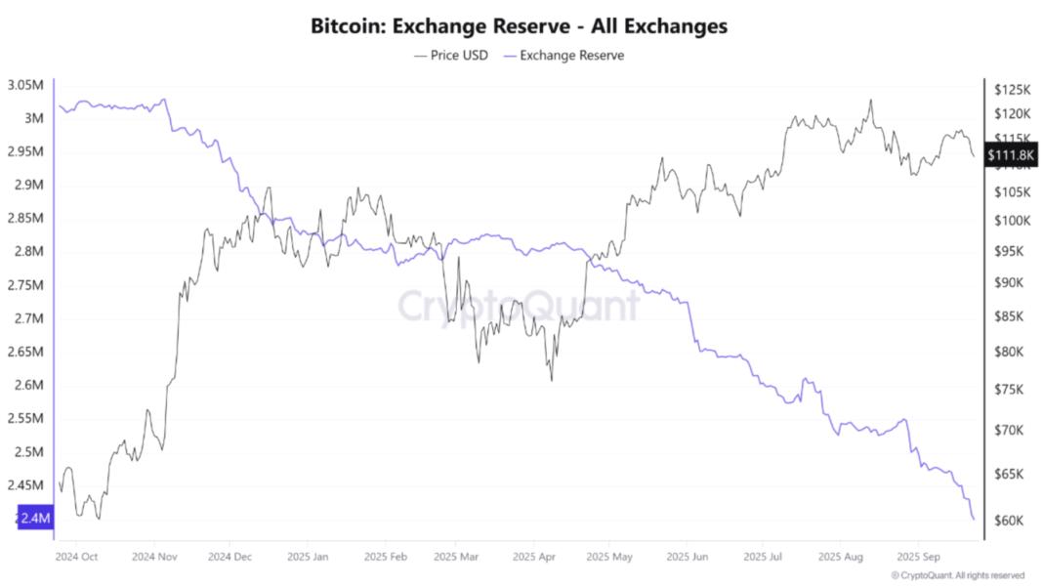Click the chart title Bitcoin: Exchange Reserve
519,26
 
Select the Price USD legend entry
452,56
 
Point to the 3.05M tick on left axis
24,85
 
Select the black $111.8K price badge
1012,155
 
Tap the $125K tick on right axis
1013,89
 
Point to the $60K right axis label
1010,521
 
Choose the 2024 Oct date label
76,557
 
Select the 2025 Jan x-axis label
307,557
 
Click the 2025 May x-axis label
608,557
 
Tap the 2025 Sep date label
916,557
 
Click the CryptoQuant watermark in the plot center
519,305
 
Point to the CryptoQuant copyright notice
957,575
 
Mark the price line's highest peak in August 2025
870,100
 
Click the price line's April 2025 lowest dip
551,380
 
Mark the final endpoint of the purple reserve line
974,519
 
